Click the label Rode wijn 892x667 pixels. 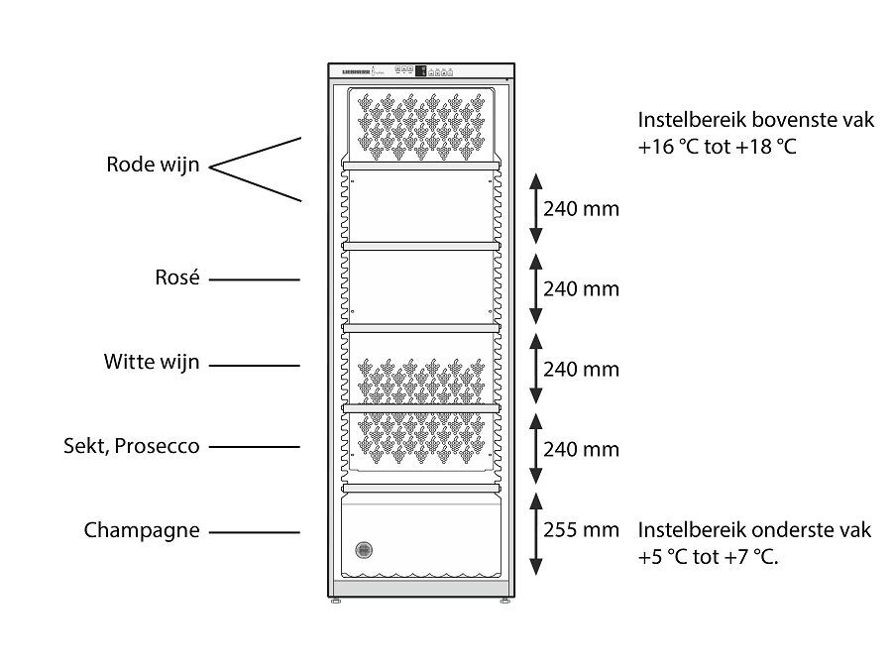click(x=153, y=165)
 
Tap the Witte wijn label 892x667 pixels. click(x=152, y=363)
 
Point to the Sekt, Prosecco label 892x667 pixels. click(x=131, y=446)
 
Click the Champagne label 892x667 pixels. click(x=142, y=530)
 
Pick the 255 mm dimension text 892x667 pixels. click(x=581, y=530)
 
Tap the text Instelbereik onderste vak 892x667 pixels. click(x=755, y=530)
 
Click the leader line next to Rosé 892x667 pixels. click(x=255, y=280)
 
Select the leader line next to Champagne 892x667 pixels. click(x=255, y=532)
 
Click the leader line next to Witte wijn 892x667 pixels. click(x=255, y=365)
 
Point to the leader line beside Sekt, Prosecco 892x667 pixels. click(x=255, y=447)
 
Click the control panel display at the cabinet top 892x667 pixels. click(x=419, y=70)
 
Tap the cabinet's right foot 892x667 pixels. click(x=506, y=601)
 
